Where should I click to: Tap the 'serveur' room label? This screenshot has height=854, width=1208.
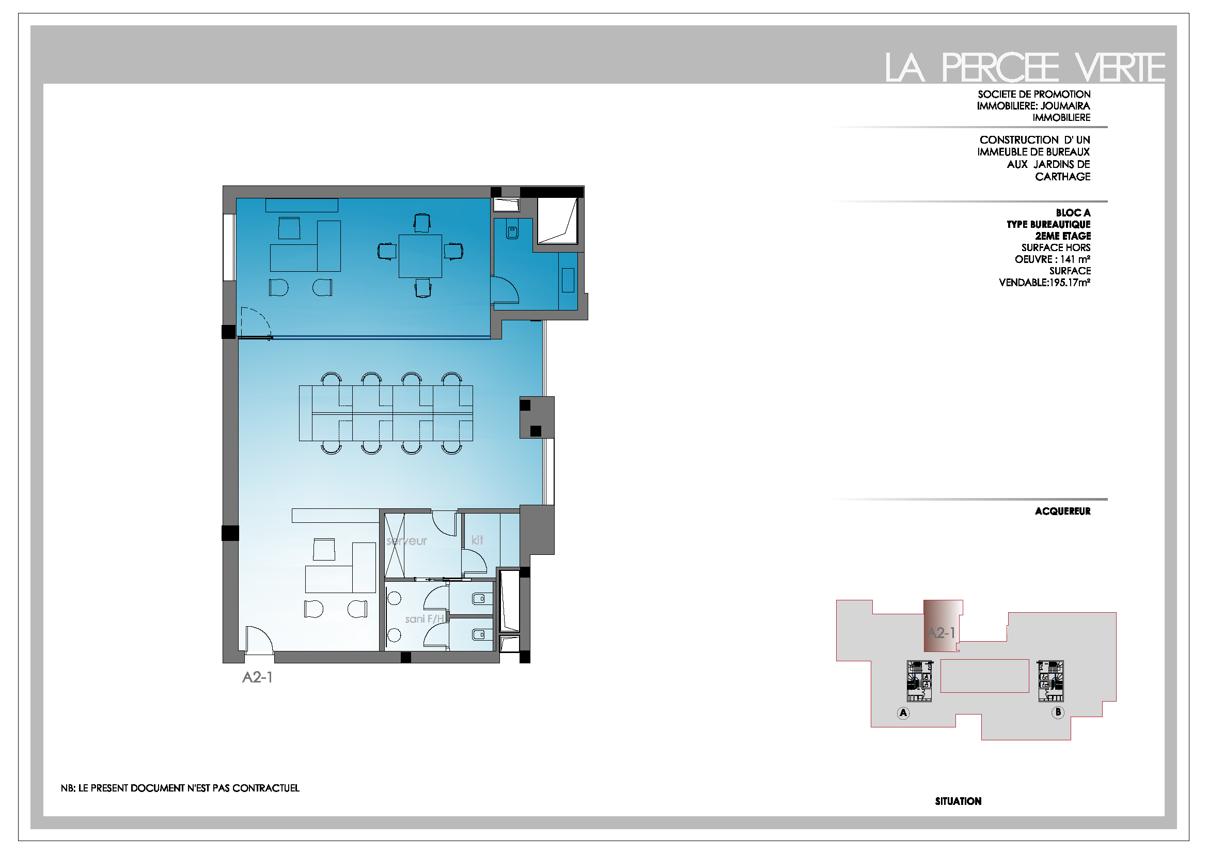[406, 541]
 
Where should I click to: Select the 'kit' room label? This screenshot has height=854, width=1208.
[477, 540]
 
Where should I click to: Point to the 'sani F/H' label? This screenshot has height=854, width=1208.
[425, 619]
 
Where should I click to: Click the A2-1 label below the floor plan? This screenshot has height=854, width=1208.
[257, 678]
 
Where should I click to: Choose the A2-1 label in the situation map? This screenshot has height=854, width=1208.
[942, 632]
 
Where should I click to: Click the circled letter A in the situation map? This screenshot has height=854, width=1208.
[903, 713]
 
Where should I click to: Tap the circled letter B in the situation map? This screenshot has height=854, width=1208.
[1058, 712]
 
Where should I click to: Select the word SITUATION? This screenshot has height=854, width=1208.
[958, 801]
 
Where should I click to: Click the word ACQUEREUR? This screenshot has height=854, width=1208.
[1062, 511]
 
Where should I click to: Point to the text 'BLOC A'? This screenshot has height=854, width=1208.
[1073, 213]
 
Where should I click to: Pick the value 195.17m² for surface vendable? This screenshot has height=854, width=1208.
[1070, 283]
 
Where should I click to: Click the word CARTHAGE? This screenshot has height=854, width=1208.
[1062, 177]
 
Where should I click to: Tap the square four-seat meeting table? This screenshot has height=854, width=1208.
[420, 256]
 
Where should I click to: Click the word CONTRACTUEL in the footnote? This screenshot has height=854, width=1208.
[265, 788]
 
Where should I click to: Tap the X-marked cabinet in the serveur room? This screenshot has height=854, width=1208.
[395, 546]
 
